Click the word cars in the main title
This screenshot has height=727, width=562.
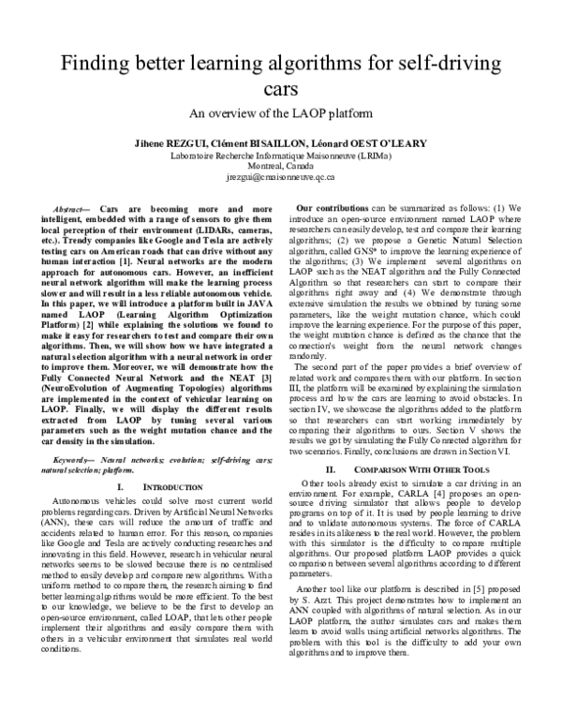coord(280,91)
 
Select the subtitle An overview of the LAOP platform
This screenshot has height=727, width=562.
coord(280,114)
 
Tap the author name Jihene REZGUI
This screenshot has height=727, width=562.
coord(172,142)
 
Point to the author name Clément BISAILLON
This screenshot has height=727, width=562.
coord(257,142)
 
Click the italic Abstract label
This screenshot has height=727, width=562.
coord(71,205)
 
